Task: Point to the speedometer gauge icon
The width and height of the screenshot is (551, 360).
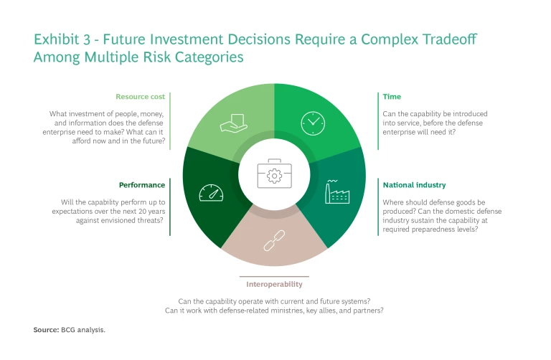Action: pyautogui.click(x=209, y=192)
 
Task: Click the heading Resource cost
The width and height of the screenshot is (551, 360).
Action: pyautogui.click(x=141, y=96)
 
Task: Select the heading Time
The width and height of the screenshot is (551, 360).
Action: pyautogui.click(x=392, y=96)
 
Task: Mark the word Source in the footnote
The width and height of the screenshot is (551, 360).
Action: pyautogui.click(x=46, y=329)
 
